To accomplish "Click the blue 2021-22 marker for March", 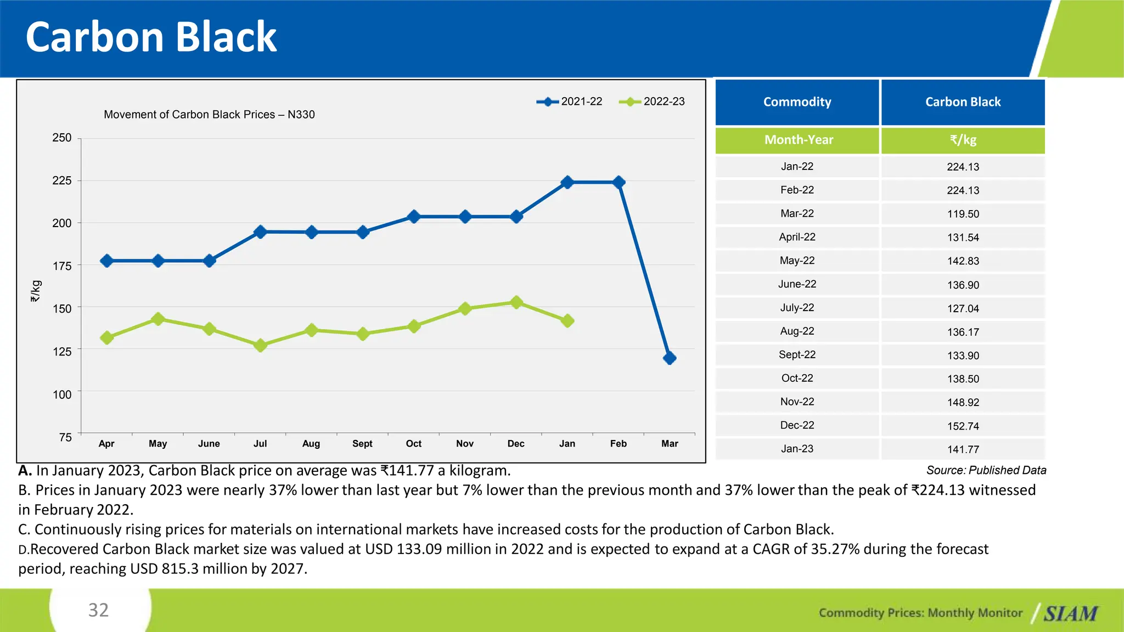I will tap(669, 358).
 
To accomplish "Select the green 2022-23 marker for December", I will tap(516, 302).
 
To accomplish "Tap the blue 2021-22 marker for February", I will tap(619, 182).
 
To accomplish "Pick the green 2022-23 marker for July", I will tap(260, 345).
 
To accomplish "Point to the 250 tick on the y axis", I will tap(62, 138).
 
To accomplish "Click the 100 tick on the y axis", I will tap(62, 394).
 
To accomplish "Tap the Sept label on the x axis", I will tap(362, 443).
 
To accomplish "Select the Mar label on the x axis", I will tap(670, 443).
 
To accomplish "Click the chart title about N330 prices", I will tap(209, 115).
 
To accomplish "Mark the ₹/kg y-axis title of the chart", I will tap(36, 291).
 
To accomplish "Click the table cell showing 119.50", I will tap(963, 214).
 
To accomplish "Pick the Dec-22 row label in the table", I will tap(797, 425).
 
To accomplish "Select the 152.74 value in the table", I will tap(963, 426).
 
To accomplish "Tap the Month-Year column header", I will tap(799, 140).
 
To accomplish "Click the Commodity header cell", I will tap(797, 102).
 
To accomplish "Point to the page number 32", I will tap(99, 610).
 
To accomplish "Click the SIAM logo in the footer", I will tap(1070, 613).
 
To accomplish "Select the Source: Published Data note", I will tap(986, 470).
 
